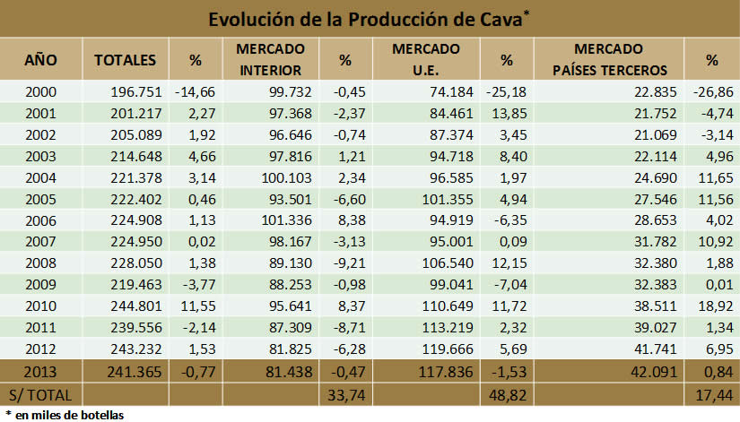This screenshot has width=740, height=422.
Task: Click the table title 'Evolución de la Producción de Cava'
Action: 370,19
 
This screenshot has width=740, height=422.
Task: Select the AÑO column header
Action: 40,60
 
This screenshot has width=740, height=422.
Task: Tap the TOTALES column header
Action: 126,60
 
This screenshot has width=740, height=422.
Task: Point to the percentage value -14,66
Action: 198,90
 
